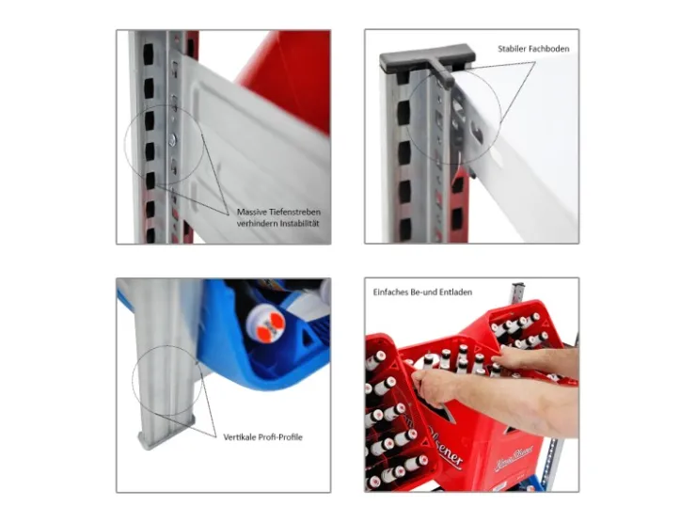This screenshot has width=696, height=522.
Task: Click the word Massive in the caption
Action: [251, 213]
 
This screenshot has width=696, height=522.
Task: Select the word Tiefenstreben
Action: [294, 213]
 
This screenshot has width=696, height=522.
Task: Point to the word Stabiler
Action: [513, 49]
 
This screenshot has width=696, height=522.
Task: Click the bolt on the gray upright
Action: [172, 140]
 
